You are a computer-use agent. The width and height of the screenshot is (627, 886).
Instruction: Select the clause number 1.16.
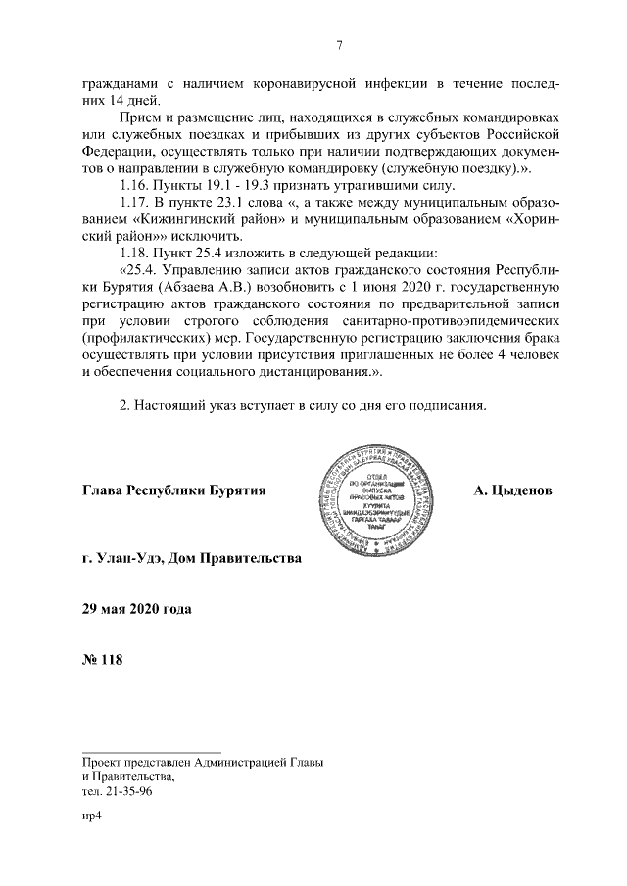134,186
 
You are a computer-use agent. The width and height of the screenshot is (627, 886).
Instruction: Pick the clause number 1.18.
134,254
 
